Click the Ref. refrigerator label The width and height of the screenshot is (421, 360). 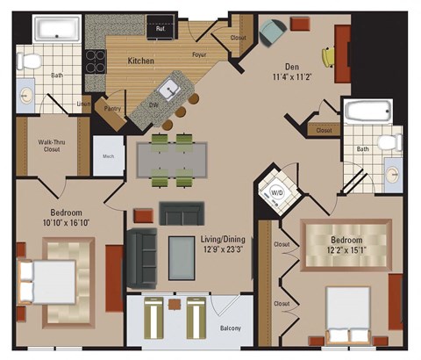pyautogui.click(x=161, y=29)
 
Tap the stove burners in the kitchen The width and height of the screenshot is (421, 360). pyautogui.click(x=94, y=61)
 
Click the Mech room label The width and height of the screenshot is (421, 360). pyautogui.click(x=109, y=158)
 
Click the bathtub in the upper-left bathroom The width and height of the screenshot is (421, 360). pyautogui.click(x=58, y=30)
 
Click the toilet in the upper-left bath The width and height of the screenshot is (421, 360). pyautogui.click(x=31, y=61)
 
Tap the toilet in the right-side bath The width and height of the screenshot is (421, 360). pyautogui.click(x=385, y=143)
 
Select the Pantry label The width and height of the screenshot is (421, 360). pyautogui.click(x=112, y=109)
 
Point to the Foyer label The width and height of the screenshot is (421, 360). pyautogui.click(x=200, y=54)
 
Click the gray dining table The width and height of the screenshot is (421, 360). pyautogui.click(x=173, y=159)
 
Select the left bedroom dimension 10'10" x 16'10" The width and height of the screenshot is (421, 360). pyautogui.click(x=54, y=223)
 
